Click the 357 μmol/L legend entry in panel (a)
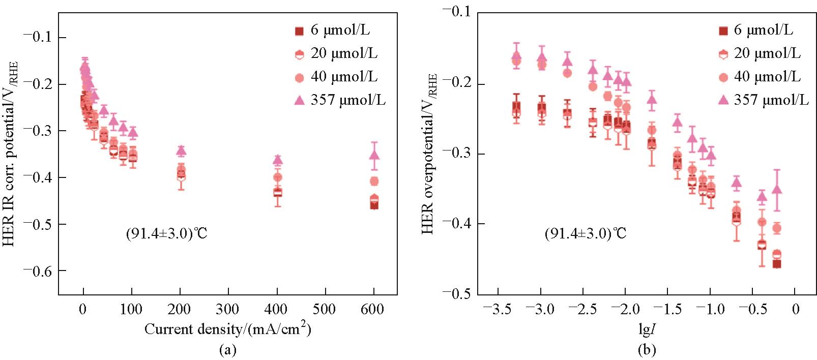[x=340, y=100]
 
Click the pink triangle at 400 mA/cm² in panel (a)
[x=278, y=160]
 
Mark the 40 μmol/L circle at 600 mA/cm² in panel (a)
[x=374, y=181]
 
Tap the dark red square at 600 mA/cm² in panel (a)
[x=374, y=205]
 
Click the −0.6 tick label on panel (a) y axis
[x=38, y=271]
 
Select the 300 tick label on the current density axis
[x=228, y=309]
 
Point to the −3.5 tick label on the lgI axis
[x=498, y=310]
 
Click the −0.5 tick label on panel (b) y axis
[x=456, y=294]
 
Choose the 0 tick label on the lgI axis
[x=796, y=310]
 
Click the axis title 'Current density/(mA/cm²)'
[x=227, y=329]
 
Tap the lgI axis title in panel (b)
[x=646, y=329]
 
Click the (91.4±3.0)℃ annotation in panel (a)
[x=167, y=234]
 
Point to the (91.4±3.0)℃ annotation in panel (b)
[x=586, y=234]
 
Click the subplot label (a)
[x=227, y=350]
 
